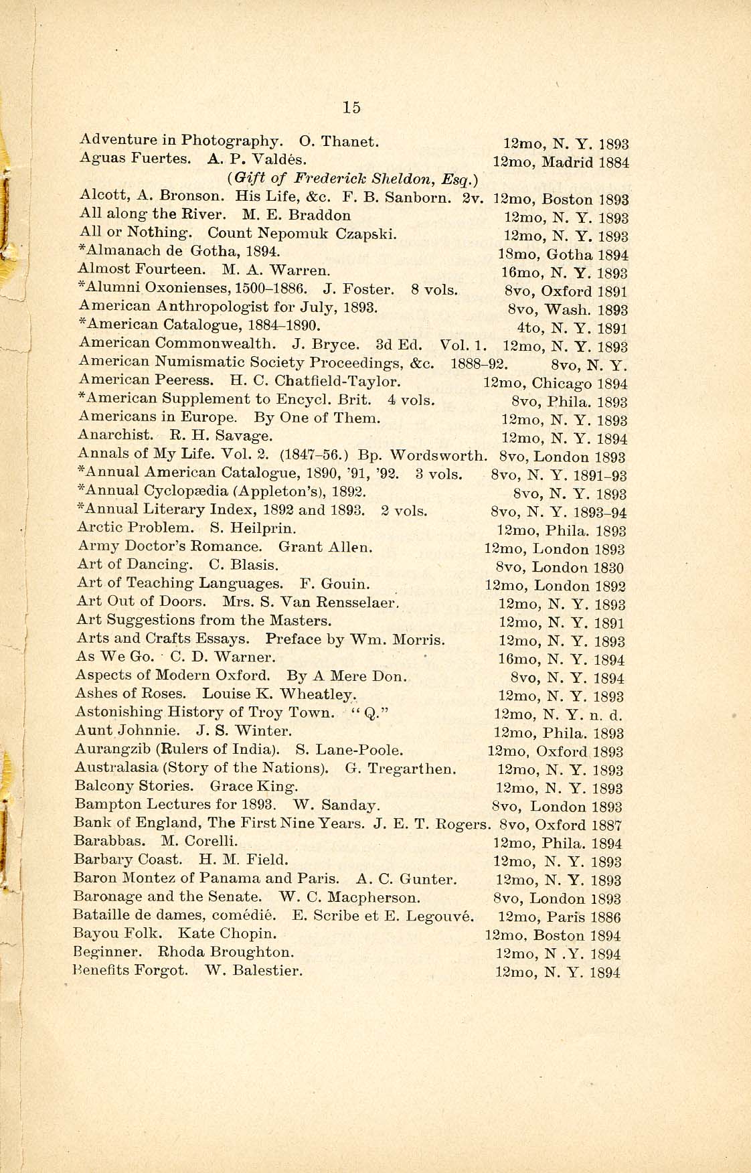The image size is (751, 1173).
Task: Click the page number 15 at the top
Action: (351, 107)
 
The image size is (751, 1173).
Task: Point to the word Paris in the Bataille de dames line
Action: (566, 917)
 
